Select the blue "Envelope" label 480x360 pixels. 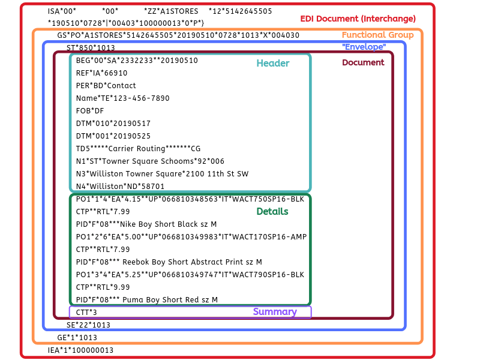pos(364,47)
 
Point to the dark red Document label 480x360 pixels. pos(363,62)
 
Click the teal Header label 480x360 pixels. pos(273,63)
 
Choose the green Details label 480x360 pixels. pos(272,211)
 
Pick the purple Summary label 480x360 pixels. pos(275,311)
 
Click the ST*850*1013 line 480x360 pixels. pos(91,48)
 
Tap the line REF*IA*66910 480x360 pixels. pos(101,73)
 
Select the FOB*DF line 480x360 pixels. pos(90,111)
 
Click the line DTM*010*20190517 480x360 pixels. pos(113,124)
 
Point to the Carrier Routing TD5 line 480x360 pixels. pos(139,149)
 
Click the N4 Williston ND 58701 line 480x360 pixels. pos(120,187)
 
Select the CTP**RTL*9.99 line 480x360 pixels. pos(103,287)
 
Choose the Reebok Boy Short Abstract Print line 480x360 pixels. pos(160,262)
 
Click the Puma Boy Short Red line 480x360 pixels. pos(147,299)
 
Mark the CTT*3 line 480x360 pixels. pos(86,313)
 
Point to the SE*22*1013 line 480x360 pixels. pos(88,325)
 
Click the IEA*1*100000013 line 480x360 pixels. pos(80,350)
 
